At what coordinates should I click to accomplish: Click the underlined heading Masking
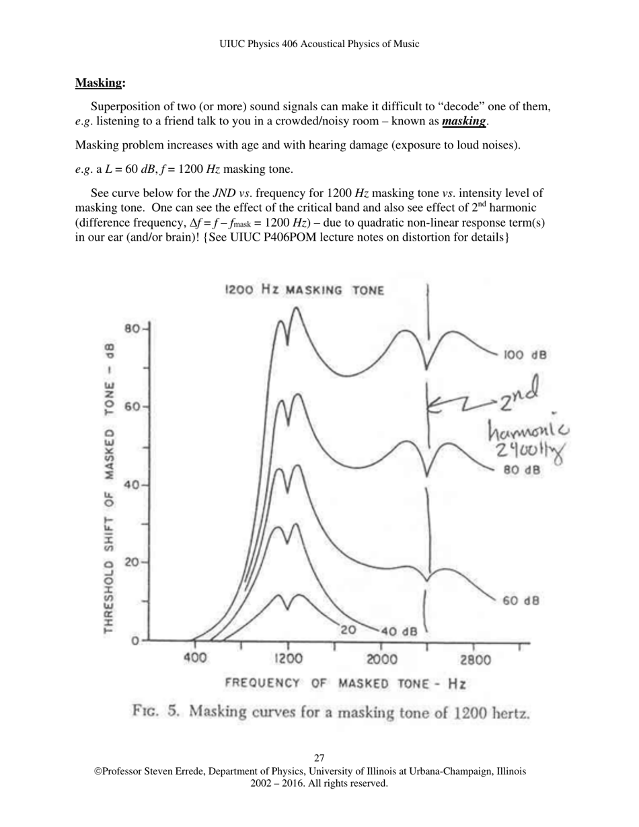coord(100,83)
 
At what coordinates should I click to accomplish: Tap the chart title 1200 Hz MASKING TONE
coord(304,290)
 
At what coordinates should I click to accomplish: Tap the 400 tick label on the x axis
coord(195,660)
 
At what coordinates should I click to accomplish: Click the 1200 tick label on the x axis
coord(288,660)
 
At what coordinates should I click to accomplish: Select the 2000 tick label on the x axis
coord(381,660)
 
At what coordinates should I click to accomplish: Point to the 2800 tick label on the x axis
coord(475,660)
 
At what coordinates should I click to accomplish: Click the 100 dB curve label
coord(525,354)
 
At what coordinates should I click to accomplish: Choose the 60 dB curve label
coord(521,600)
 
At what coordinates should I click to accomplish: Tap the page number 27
coord(319,758)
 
